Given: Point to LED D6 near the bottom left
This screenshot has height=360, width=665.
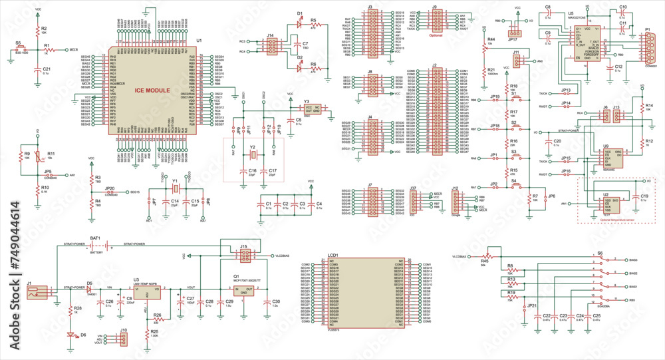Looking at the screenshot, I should click(70, 334).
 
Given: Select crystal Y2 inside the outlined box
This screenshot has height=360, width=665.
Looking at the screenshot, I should click(253, 156).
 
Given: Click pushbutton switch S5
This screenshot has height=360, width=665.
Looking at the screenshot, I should click(21, 49).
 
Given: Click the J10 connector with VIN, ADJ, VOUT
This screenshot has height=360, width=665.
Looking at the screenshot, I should click(123, 341).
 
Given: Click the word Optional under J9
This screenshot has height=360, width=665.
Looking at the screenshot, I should click(436, 36).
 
